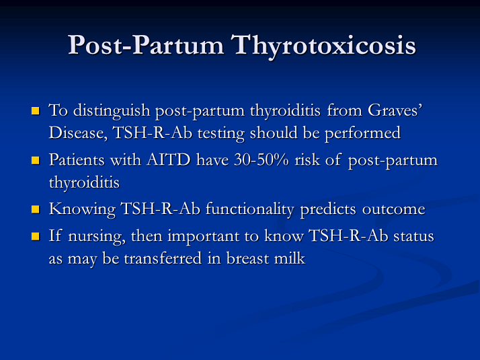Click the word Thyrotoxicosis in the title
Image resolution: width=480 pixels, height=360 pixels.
[x=323, y=45]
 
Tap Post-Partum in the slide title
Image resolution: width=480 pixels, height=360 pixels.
[x=146, y=45]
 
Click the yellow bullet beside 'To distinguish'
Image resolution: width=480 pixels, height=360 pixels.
[x=36, y=110]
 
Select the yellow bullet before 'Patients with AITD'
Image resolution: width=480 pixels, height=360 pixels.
[x=36, y=161]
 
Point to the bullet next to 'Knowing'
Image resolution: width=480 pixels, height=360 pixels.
[x=36, y=210]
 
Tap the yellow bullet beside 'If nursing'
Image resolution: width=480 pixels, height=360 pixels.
[x=36, y=238]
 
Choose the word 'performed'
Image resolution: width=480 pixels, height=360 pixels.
[x=367, y=133]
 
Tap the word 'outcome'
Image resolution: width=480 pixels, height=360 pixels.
[x=394, y=209]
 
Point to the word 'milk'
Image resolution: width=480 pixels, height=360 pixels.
[x=290, y=258]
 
